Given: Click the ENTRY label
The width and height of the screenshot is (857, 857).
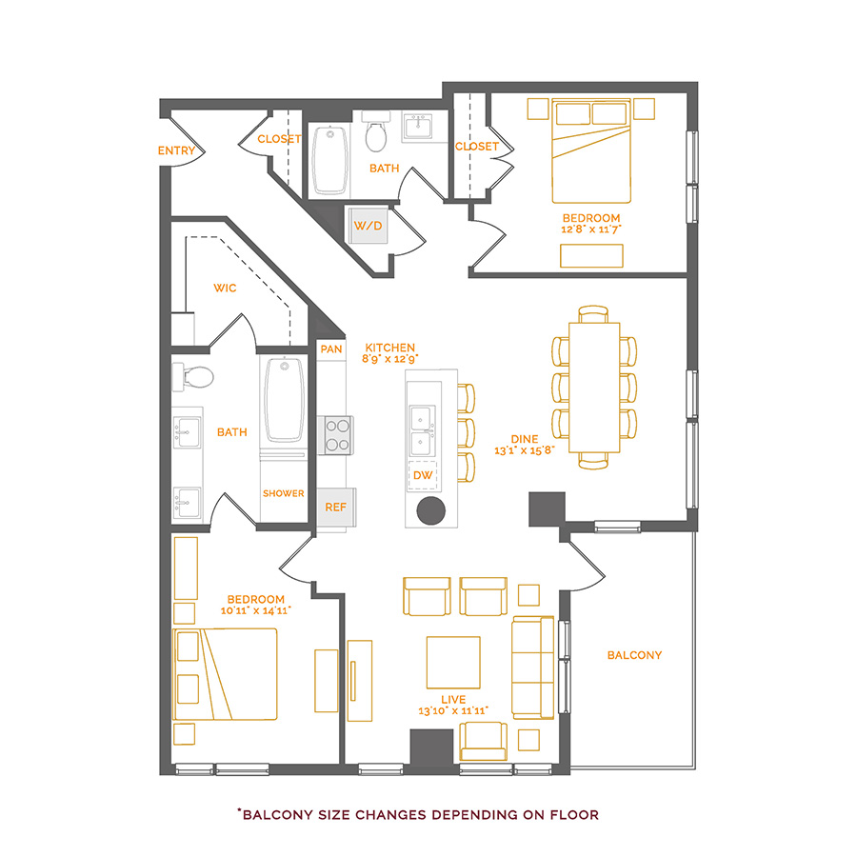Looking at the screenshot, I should click(x=176, y=150).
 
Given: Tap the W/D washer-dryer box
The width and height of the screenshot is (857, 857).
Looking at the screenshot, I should click(x=368, y=226).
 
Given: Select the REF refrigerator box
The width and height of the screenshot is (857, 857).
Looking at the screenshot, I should click(x=335, y=507).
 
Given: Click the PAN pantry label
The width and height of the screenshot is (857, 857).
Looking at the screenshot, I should click(x=330, y=349).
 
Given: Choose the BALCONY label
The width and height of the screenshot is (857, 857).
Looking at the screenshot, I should click(x=634, y=655).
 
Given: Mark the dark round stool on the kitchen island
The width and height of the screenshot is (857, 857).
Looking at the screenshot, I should click(x=431, y=509).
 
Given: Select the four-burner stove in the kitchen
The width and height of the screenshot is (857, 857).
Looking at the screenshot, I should click(x=338, y=434).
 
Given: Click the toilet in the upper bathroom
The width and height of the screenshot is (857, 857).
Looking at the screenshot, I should click(x=376, y=134).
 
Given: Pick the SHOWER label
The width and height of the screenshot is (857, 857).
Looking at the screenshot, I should click(x=283, y=493).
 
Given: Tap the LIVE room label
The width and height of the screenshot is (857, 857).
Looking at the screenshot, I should click(x=453, y=699).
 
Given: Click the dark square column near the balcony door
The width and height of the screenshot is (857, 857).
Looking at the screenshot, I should click(x=547, y=508).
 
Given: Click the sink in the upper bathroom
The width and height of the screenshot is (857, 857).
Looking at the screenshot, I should click(x=418, y=127).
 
